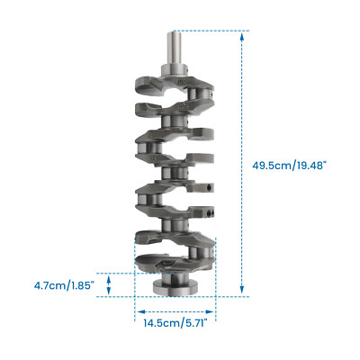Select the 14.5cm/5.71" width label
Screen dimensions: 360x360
click(x=176, y=321)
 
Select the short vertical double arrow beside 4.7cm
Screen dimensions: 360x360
click(x=110, y=284)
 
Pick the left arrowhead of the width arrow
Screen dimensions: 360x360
click(x=138, y=308)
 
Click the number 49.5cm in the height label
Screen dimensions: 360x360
click(x=271, y=165)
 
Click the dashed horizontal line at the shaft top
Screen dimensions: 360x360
click(x=207, y=31)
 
